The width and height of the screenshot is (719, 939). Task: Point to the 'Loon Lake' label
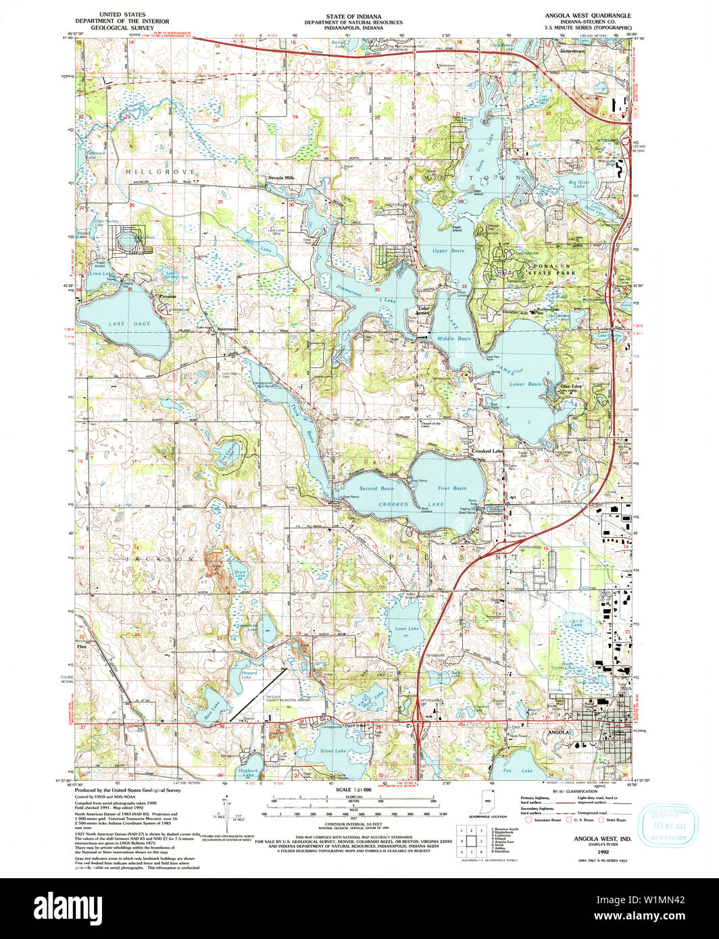407,628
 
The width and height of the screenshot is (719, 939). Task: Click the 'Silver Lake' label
333,751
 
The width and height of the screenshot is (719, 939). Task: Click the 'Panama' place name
167,297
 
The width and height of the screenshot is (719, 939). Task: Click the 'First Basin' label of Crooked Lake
451,488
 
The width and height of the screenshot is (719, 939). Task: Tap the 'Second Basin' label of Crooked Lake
376,488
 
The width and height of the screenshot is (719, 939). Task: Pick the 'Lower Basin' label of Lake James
526,383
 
